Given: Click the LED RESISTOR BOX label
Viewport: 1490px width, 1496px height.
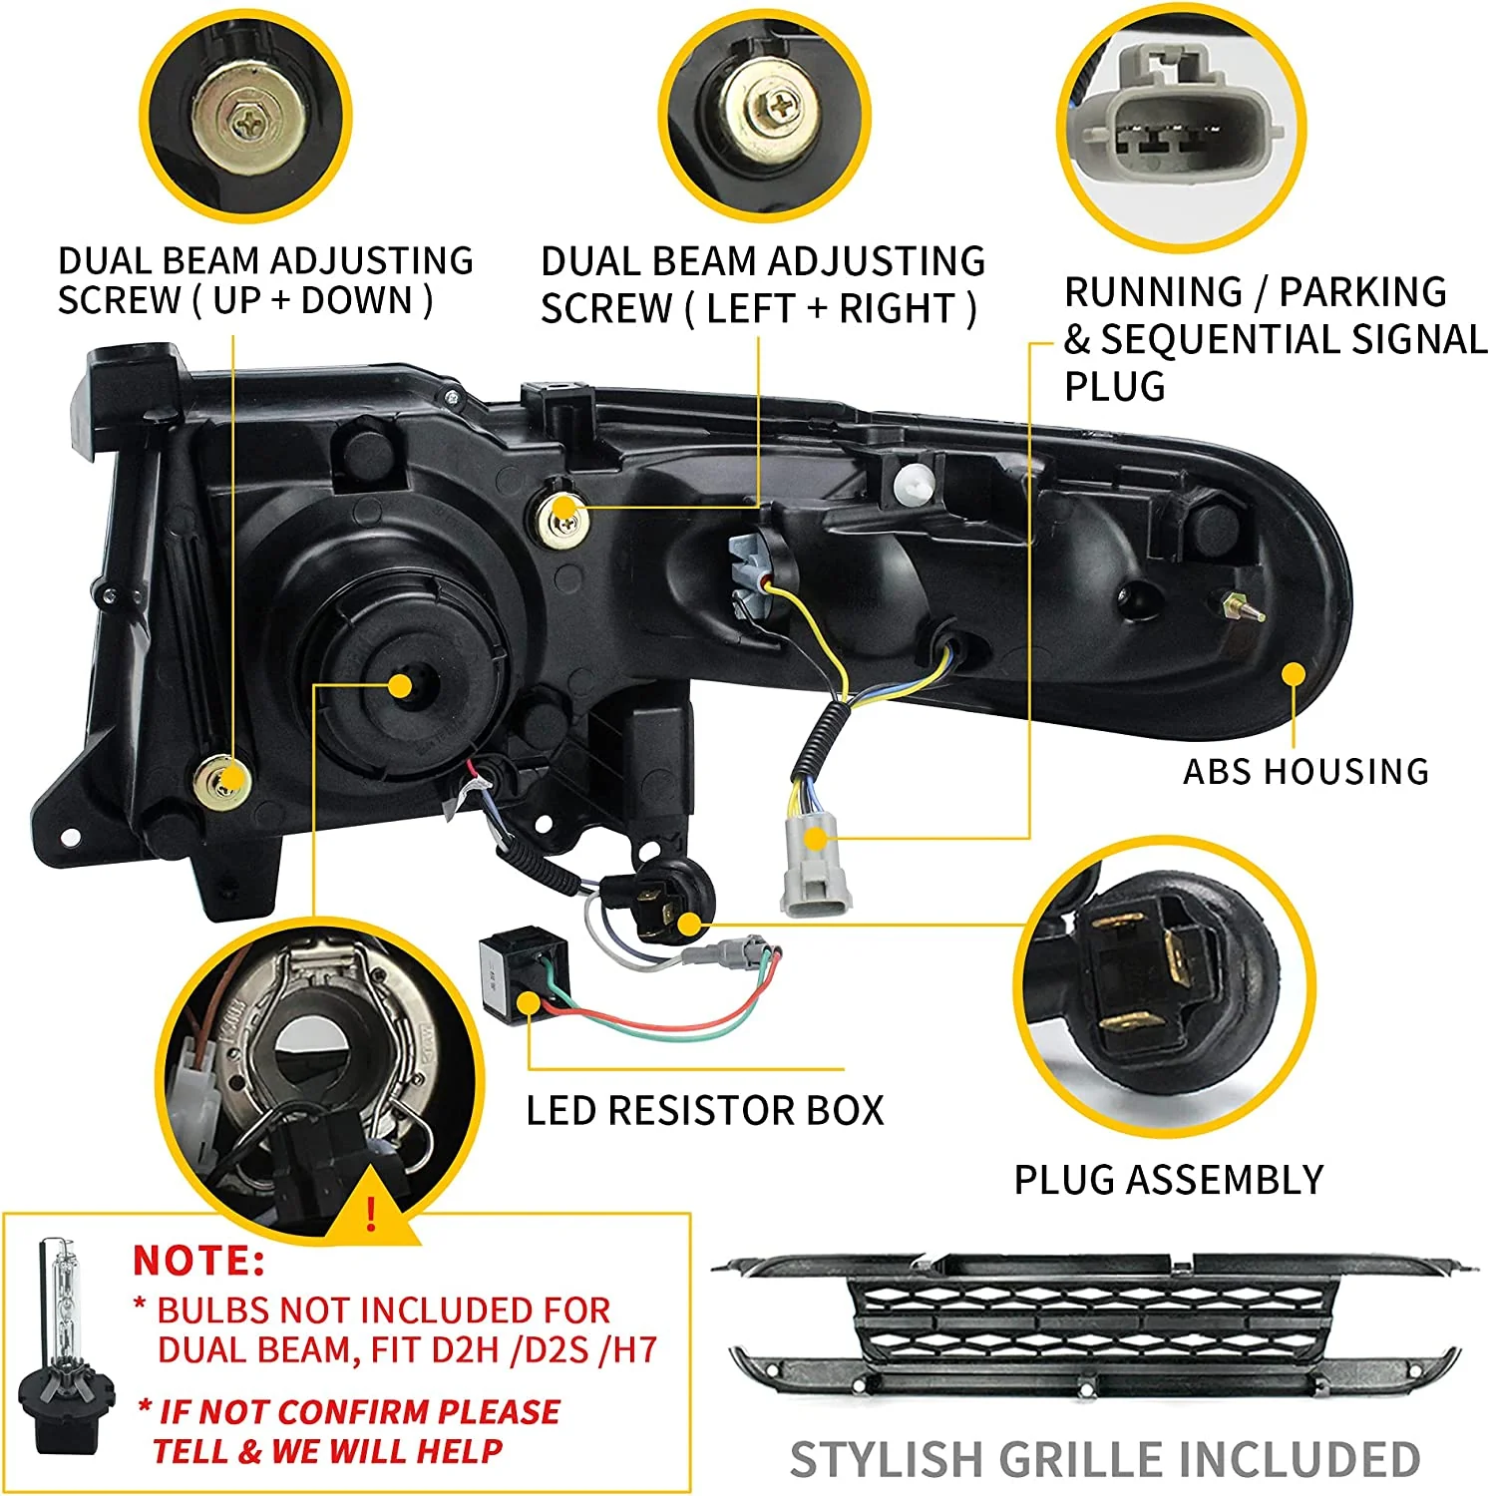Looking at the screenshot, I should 704,1110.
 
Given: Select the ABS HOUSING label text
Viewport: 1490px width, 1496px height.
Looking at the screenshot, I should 1305,771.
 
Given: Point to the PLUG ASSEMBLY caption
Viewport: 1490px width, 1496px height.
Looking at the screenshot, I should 1168,1180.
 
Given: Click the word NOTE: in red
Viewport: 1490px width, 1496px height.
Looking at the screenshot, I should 199,1260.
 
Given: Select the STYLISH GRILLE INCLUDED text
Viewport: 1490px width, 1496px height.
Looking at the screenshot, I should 1104,1460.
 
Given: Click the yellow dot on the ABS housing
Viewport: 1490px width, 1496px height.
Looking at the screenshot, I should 1294,674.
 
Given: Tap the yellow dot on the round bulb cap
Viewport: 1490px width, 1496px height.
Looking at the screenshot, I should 400,686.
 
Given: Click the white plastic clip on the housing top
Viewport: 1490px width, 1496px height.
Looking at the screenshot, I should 914,484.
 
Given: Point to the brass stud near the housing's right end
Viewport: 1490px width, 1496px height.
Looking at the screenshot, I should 1237,605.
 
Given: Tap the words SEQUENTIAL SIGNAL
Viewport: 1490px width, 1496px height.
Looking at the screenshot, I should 1293,340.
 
